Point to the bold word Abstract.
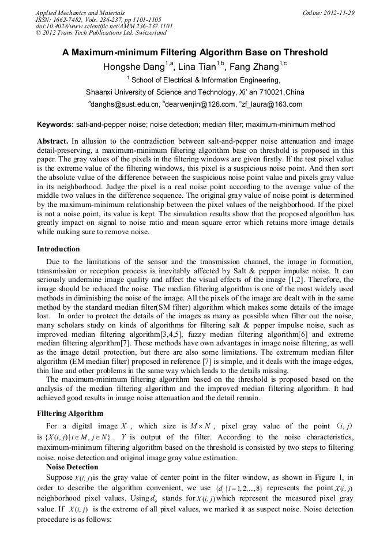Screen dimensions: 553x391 pyautogui.click(x=52, y=141)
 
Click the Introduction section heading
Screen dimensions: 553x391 pyautogui.click(x=58, y=249)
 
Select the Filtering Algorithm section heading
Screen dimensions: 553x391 pyautogui.click(x=70, y=413)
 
